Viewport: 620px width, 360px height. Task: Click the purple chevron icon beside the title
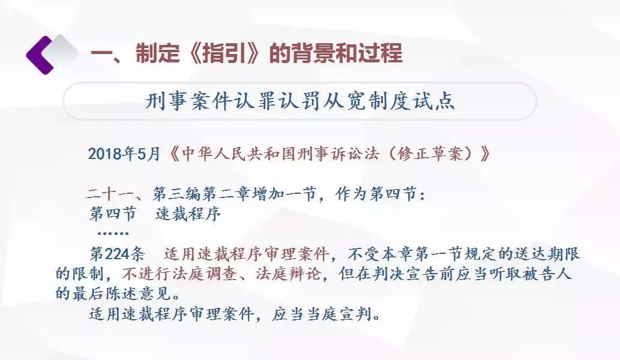(39, 55)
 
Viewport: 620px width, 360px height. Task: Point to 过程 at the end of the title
(381, 53)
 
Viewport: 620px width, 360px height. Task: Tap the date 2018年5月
(124, 154)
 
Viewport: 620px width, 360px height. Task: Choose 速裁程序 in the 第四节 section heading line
(188, 214)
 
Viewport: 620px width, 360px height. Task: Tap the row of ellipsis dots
(113, 233)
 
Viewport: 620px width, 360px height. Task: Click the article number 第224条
(118, 254)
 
